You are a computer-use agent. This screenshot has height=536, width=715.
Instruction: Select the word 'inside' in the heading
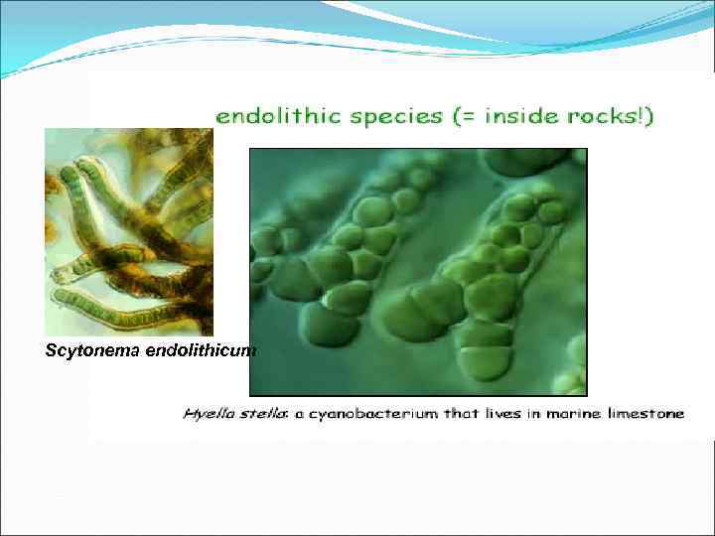point(521,117)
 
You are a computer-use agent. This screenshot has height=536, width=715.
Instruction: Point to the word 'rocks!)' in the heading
point(613,117)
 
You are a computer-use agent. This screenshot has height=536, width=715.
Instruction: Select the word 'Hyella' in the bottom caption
point(206,414)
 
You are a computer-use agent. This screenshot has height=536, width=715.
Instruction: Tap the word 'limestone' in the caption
point(643,413)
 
